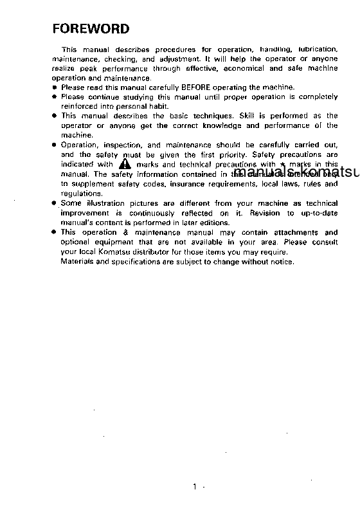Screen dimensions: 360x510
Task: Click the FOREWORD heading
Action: tap(91, 29)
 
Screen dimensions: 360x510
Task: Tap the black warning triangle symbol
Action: tap(125, 165)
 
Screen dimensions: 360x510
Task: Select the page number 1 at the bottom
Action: tap(194, 486)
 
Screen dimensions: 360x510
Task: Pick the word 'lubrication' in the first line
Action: tap(316, 49)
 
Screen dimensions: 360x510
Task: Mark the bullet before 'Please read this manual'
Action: tap(55, 87)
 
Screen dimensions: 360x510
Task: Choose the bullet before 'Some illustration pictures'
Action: tap(55, 203)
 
